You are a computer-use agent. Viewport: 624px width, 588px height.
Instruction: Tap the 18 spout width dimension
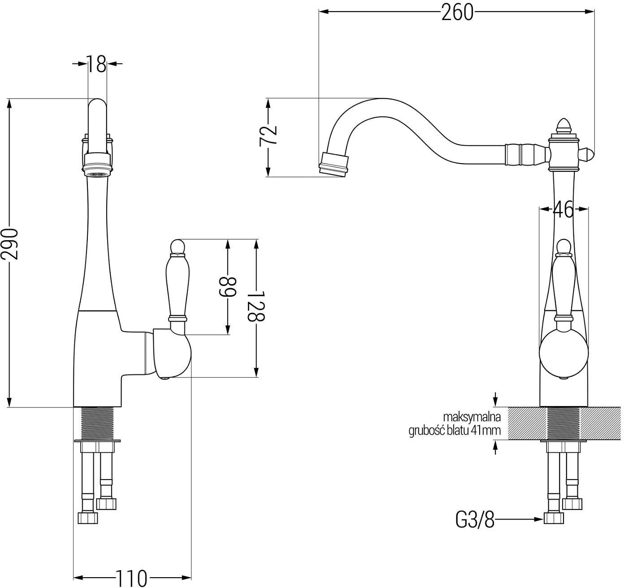pyautogui.click(x=96, y=64)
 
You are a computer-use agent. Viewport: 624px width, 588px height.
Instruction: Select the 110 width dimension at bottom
pyautogui.click(x=132, y=578)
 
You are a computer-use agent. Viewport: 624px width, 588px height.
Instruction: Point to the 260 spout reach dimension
pyautogui.click(x=457, y=13)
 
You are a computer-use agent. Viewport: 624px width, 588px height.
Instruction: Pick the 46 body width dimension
pyautogui.click(x=563, y=210)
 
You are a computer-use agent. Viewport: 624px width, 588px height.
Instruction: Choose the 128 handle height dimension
pyautogui.click(x=256, y=306)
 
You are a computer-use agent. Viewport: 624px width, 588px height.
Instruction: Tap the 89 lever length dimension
pyautogui.click(x=227, y=287)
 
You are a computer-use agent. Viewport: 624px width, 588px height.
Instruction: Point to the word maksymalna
pyautogui.click(x=472, y=417)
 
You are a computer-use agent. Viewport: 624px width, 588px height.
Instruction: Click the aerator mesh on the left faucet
pyautogui.click(x=97, y=174)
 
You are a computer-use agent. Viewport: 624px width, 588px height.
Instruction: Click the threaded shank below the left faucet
pyautogui.click(x=97, y=424)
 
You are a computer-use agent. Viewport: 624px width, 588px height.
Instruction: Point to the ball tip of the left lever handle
pyautogui.click(x=178, y=246)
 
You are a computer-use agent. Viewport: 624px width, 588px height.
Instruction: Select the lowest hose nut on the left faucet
pyautogui.click(x=88, y=517)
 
